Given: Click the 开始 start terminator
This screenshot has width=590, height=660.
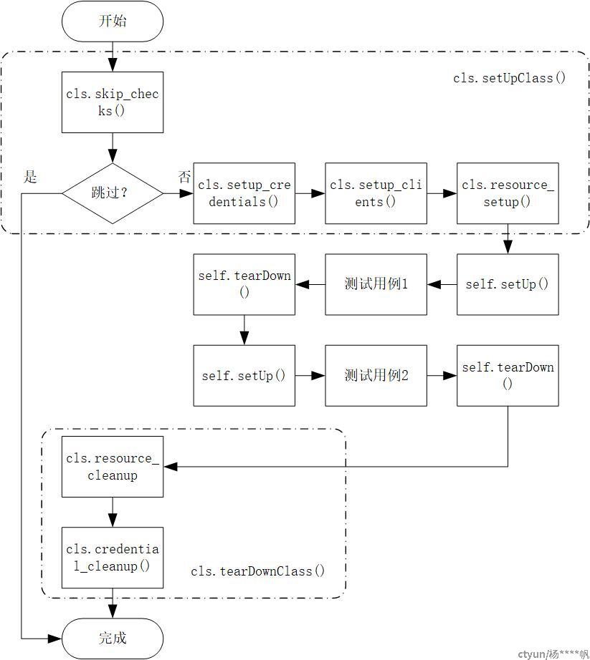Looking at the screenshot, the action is pos(113,21).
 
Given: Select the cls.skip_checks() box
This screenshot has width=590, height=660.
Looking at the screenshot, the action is pos(113,102).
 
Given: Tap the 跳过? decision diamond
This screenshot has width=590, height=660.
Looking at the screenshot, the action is pos(113,193).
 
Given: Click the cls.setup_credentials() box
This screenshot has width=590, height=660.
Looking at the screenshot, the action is pos(244,193).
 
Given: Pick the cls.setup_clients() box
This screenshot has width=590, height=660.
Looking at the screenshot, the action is pos(376,193).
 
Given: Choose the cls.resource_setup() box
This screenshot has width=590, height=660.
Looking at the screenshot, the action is pos(508,193).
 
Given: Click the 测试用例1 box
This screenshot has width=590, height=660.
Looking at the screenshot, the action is pos(376,284).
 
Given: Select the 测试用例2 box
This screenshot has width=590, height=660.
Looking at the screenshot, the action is pos(376,376).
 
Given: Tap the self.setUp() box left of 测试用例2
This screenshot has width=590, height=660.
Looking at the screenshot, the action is pos(244,376).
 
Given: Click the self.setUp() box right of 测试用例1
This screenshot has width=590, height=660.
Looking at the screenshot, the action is pos(508,284).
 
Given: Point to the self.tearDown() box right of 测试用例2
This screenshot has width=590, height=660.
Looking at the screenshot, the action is pos(508,376).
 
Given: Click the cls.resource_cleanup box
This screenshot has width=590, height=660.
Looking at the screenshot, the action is pos(113,467).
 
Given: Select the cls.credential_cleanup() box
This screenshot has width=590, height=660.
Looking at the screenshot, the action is pos(113,558).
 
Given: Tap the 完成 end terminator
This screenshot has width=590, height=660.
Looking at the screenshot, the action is pos(113,639).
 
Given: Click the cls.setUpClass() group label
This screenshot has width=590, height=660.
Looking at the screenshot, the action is pos(510,78).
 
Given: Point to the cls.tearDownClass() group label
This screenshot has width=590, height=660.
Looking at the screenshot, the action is pos(258,571).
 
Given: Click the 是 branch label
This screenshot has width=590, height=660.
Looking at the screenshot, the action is pos(30,177).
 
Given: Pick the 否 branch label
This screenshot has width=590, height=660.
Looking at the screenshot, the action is pos(184,177).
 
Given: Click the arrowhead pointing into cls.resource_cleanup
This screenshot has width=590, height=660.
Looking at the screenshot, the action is pos(170,467).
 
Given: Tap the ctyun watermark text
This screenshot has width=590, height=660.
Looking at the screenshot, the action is pos(553,654).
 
